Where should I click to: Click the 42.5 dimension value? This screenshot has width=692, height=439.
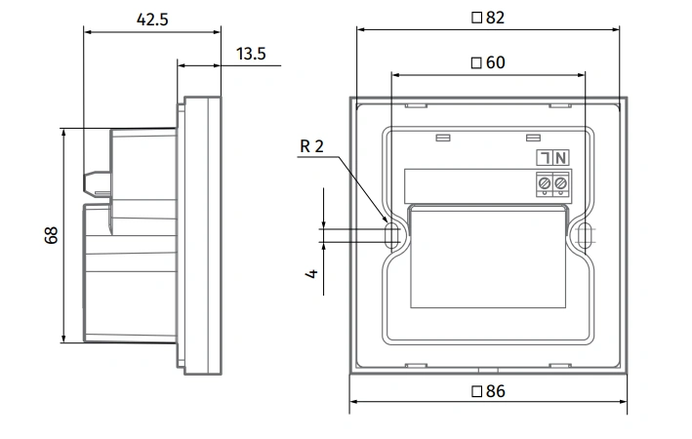152,20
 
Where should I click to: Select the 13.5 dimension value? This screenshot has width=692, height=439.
251,54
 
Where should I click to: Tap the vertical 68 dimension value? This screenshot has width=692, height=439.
51,235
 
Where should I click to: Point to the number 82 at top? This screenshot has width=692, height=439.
495,18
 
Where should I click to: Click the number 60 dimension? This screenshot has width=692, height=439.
495,62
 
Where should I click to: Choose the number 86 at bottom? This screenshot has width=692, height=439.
495,391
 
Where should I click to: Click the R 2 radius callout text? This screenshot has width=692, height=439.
311,146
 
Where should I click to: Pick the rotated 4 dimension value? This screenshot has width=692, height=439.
311,273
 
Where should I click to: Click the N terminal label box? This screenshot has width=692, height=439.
561,157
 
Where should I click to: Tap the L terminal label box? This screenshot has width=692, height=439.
545,157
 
